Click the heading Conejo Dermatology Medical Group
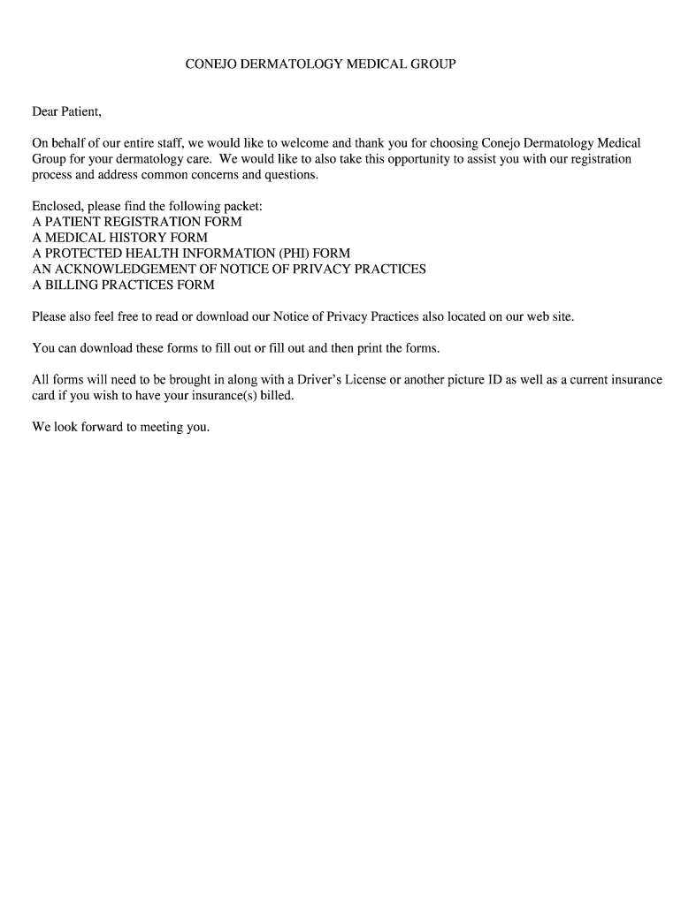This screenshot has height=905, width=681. [320, 65]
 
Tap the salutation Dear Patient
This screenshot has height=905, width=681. [67, 111]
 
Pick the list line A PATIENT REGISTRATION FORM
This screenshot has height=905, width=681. [137, 222]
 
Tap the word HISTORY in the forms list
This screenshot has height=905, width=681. [131, 238]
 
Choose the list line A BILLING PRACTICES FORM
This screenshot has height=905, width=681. [123, 285]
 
